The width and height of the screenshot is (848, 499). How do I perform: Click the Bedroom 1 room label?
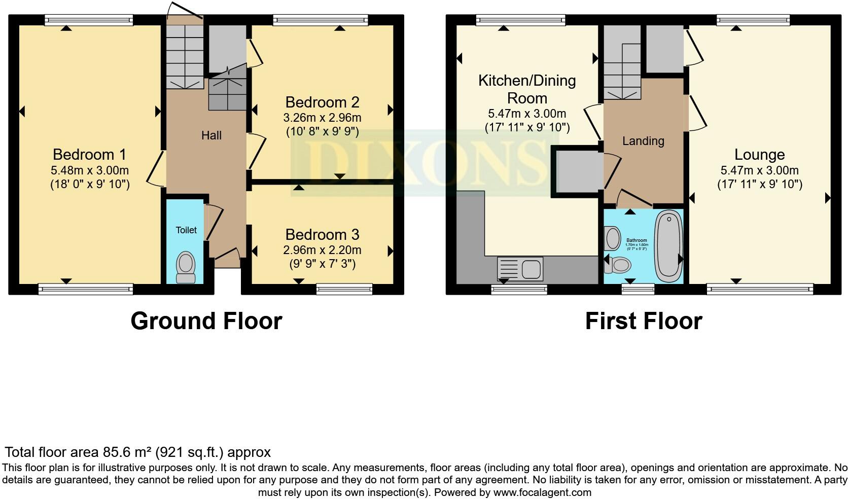click(x=89, y=154)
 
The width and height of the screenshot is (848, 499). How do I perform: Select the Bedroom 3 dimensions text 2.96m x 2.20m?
click(x=322, y=250)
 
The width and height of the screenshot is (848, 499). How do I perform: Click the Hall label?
click(x=211, y=135)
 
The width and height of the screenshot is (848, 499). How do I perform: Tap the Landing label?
click(x=643, y=141)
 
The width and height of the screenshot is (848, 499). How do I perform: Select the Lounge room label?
click(x=759, y=155)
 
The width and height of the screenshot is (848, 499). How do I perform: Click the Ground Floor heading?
click(x=206, y=321)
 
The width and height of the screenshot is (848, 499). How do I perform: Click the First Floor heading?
click(x=643, y=321)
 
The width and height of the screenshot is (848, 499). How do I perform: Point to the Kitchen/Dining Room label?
click(x=527, y=89)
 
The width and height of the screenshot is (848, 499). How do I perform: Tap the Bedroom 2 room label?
click(x=322, y=102)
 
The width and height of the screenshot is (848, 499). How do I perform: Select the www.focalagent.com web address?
click(x=542, y=492)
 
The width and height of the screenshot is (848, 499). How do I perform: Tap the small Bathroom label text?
click(x=637, y=240)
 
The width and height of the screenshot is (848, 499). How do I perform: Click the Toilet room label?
click(x=186, y=230)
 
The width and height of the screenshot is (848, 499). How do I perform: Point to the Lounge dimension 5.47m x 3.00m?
click(x=759, y=171)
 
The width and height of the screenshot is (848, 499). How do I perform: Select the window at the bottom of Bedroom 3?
click(x=344, y=289)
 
